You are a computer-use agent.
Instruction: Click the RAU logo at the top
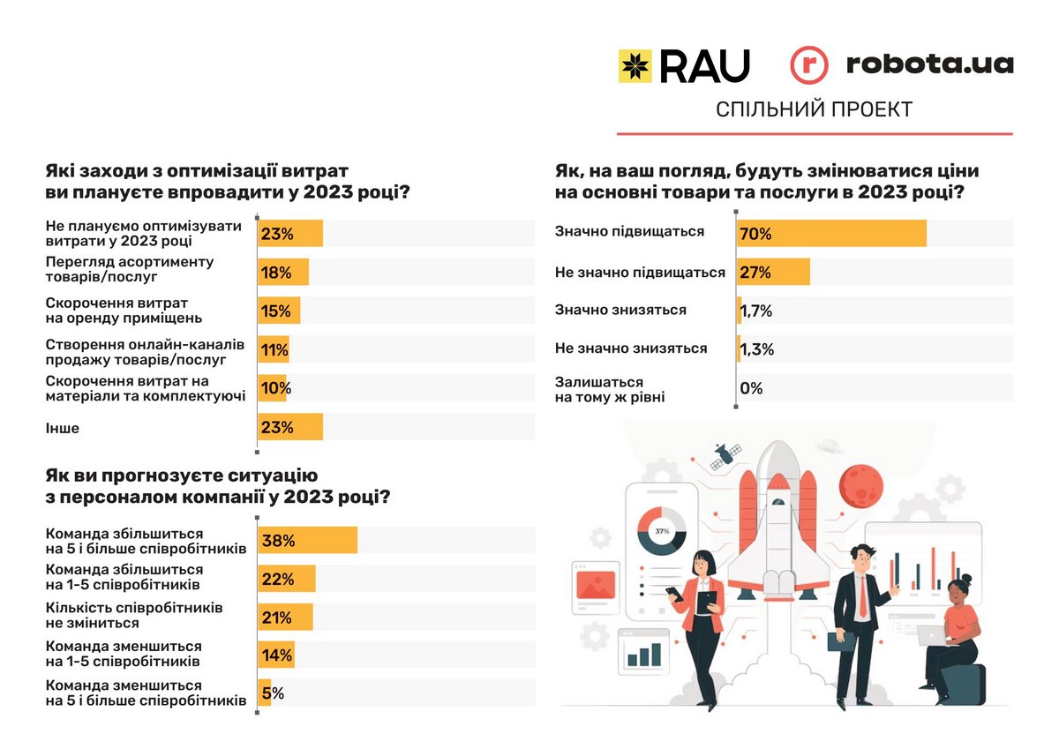pos(684,65)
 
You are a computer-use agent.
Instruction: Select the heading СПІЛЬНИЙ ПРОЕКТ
pos(814,109)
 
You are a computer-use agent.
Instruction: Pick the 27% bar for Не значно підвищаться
pos(773,273)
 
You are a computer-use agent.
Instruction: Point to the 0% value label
pos(752,388)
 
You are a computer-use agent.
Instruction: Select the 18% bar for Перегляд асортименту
pos(282,273)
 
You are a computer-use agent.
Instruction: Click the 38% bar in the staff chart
pos(307,541)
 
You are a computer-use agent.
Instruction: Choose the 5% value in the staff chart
pos(272,693)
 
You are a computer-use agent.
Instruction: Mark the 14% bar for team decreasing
pos(275,655)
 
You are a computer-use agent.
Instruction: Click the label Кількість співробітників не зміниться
pos(133,615)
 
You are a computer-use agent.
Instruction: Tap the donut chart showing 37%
pos(661,531)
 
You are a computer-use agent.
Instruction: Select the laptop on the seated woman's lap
pos(934,635)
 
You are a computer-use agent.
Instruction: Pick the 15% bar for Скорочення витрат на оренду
pos(279,311)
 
